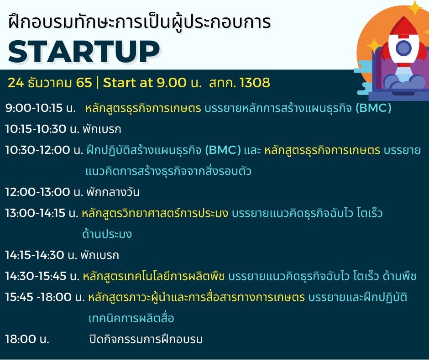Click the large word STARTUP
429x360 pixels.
coord(84,52)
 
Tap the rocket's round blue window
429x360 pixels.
coord(403,48)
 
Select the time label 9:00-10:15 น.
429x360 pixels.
coord(40,108)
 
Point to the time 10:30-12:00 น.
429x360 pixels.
coord(44,150)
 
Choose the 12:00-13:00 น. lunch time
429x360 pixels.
coord(44,192)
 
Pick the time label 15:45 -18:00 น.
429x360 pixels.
coord(45,297)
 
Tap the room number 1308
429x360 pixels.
coord(255,83)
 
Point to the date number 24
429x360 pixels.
coord(16,83)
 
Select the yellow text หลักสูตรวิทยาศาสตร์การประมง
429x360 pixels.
coord(155,213)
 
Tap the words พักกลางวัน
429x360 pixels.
coord(113,192)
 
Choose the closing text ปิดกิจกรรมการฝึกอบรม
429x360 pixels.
coord(146,339)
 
